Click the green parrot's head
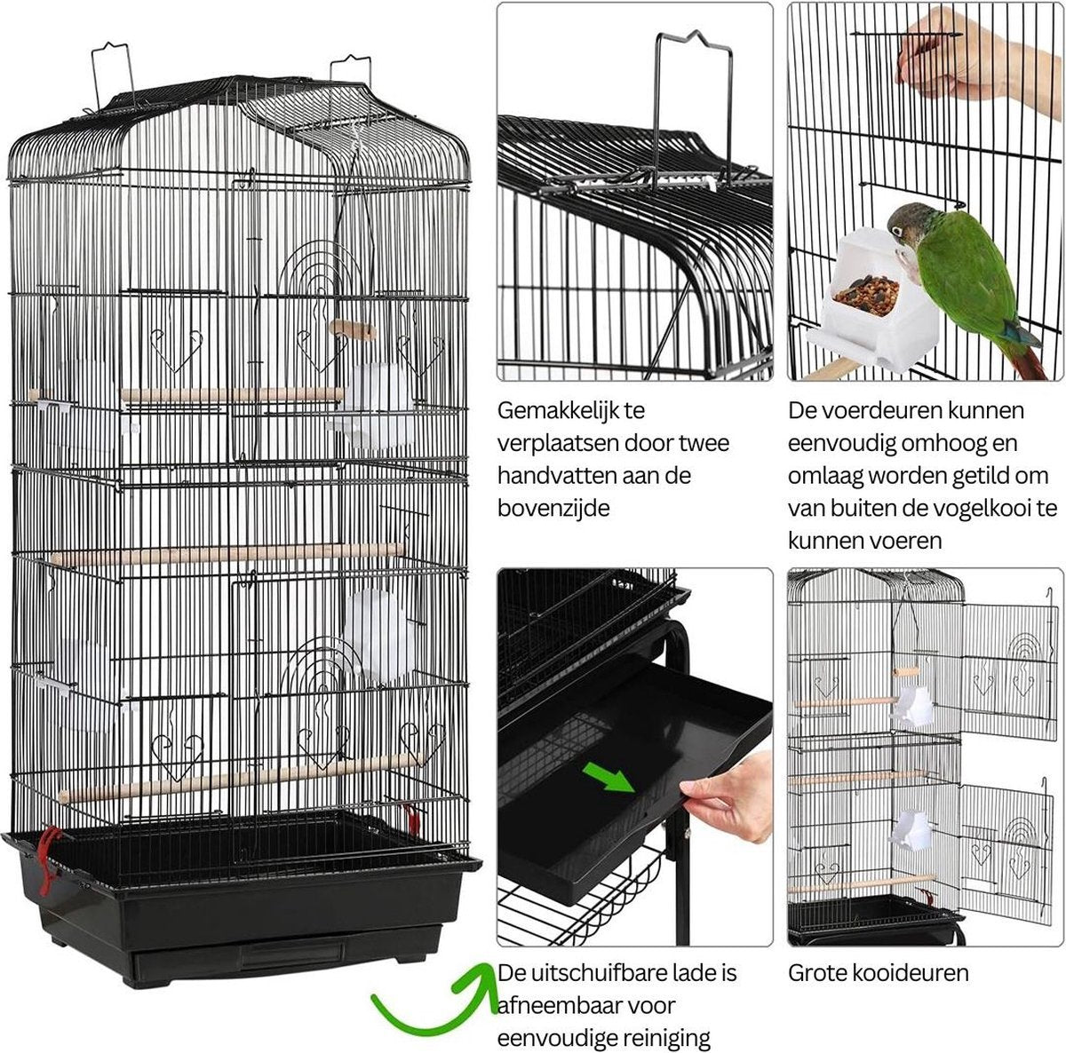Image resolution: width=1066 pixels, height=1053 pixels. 908,224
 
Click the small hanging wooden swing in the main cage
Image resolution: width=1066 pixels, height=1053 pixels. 353,330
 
